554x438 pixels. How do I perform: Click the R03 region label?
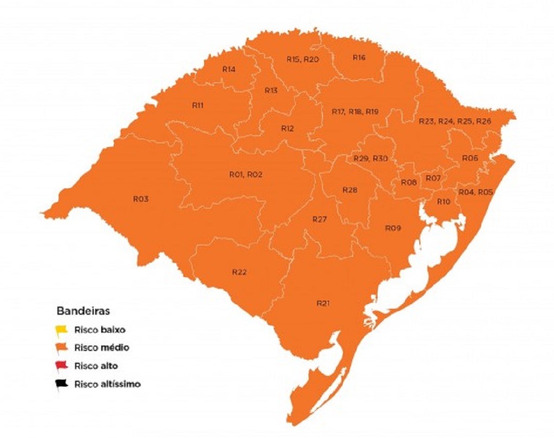click(x=141, y=199)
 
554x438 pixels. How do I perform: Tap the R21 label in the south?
click(x=323, y=303)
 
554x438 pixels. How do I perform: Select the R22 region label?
click(x=239, y=272)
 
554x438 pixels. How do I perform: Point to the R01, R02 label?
click(x=246, y=175)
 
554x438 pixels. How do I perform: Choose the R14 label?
click(x=229, y=69)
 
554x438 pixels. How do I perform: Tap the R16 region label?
click(x=359, y=57)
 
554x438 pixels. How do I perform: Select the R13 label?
click(x=271, y=90)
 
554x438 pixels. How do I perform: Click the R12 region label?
click(x=287, y=129)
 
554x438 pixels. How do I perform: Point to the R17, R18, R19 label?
click(x=355, y=111)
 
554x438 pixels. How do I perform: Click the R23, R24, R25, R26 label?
click(x=455, y=121)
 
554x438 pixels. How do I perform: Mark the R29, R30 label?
click(x=371, y=158)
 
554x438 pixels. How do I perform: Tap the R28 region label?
click(x=350, y=190)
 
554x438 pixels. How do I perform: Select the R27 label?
click(x=320, y=219)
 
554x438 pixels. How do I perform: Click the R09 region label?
click(x=393, y=228)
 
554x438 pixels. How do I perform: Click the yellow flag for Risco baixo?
click(x=62, y=329)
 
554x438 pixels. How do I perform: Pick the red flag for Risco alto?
click(x=62, y=366)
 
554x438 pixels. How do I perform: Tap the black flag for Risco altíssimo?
click(x=62, y=384)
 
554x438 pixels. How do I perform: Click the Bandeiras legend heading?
click(x=83, y=311)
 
